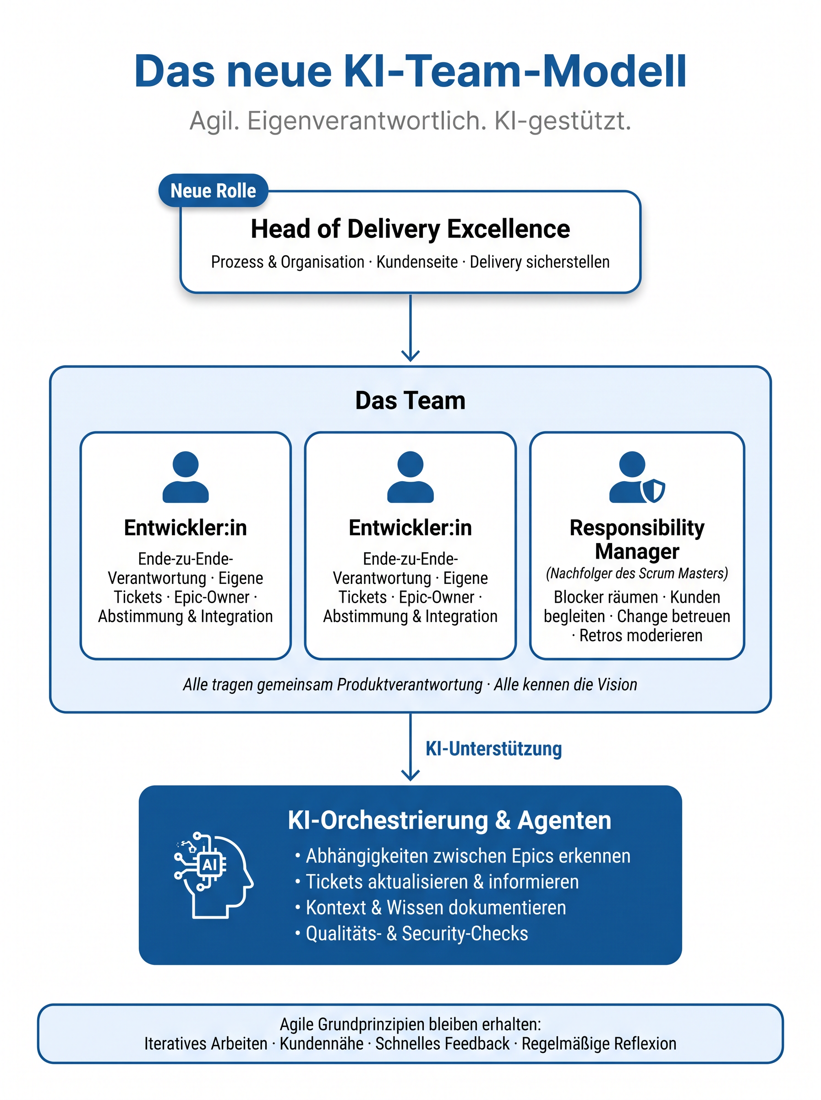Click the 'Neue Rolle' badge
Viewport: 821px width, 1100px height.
pyautogui.click(x=213, y=190)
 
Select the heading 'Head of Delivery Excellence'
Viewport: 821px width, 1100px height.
pyautogui.click(x=410, y=229)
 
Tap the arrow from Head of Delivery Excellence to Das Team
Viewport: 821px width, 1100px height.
pyautogui.click(x=410, y=328)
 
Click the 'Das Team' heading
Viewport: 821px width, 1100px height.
pyautogui.click(x=410, y=400)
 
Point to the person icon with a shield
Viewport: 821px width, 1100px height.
pyautogui.click(x=637, y=477)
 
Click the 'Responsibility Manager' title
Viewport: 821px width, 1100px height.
pyautogui.click(x=637, y=539)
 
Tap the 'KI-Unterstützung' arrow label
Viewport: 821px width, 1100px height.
pyautogui.click(x=493, y=748)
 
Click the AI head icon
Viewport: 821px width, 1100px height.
pyautogui.click(x=213, y=875)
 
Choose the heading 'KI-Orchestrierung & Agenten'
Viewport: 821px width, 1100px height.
pyautogui.click(x=449, y=820)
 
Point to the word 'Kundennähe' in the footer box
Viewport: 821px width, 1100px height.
pyautogui.click(x=322, y=1043)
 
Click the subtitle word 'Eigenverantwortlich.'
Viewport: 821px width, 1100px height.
pyautogui.click(x=367, y=121)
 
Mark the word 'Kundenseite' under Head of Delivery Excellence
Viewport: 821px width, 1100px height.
pyautogui.click(x=417, y=262)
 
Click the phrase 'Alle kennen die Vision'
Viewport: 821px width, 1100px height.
pyautogui.click(x=565, y=684)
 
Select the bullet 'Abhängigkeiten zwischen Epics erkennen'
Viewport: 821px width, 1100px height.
pyautogui.click(x=468, y=856)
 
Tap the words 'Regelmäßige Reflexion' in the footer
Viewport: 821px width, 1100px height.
pyautogui.click(x=599, y=1043)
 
